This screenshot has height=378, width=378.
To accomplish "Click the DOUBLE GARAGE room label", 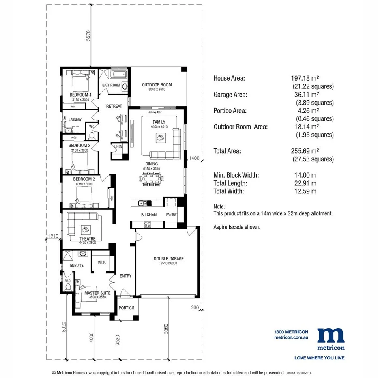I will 168,258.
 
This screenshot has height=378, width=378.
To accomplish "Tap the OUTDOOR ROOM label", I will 157,85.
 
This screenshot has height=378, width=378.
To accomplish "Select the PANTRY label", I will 171,215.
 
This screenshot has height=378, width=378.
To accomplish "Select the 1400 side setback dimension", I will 194,159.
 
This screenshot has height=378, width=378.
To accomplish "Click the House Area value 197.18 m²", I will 305,78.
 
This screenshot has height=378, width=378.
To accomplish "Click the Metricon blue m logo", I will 331,335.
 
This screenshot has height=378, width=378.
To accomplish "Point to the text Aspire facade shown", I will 237,227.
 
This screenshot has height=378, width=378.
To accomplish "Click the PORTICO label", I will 126,308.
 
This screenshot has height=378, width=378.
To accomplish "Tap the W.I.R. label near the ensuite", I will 102,262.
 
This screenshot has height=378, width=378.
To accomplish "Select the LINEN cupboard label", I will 118,146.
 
